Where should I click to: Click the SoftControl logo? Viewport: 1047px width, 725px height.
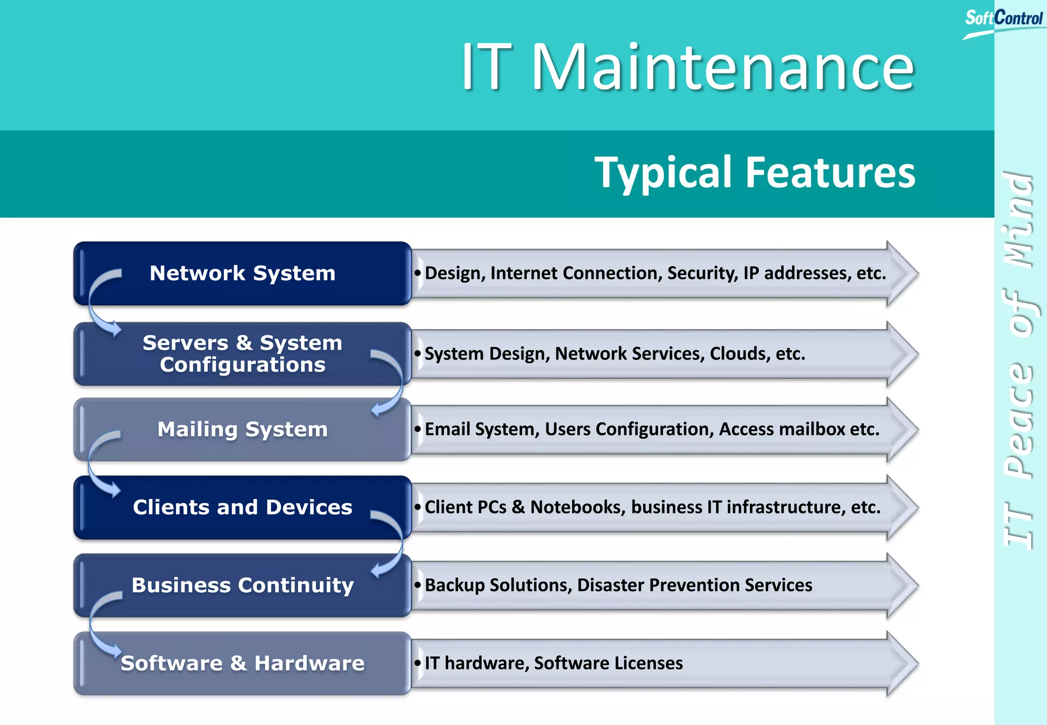1003,20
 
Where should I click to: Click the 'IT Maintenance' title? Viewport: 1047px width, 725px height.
687,67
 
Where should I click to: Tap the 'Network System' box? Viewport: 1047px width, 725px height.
242,273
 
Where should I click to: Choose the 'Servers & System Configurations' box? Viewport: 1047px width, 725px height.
242,353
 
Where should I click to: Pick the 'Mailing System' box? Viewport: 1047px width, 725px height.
242,429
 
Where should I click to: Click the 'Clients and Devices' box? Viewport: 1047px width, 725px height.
242,507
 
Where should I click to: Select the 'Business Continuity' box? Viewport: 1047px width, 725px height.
242,585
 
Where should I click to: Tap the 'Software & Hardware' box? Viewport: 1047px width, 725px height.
242,663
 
